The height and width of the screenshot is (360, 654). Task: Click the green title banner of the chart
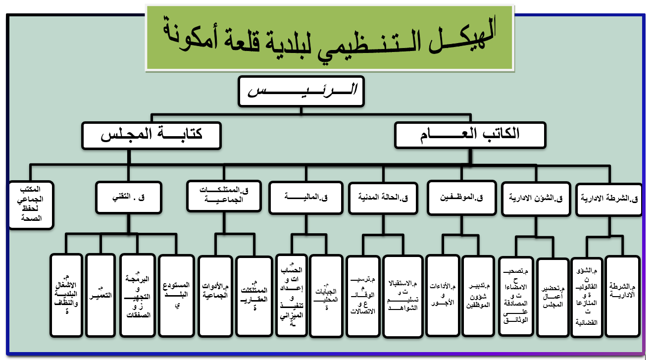click(x=329, y=38)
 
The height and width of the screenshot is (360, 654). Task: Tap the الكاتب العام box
click(x=470, y=135)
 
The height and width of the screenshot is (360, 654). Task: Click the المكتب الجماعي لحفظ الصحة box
click(x=31, y=205)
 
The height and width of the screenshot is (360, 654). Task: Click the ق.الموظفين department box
click(x=461, y=198)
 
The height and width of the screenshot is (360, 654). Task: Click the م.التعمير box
click(x=101, y=295)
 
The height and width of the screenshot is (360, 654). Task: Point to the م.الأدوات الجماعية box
click(x=214, y=295)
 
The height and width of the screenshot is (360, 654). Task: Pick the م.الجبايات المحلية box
click(x=326, y=296)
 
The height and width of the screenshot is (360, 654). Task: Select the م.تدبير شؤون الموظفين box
click(x=479, y=296)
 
